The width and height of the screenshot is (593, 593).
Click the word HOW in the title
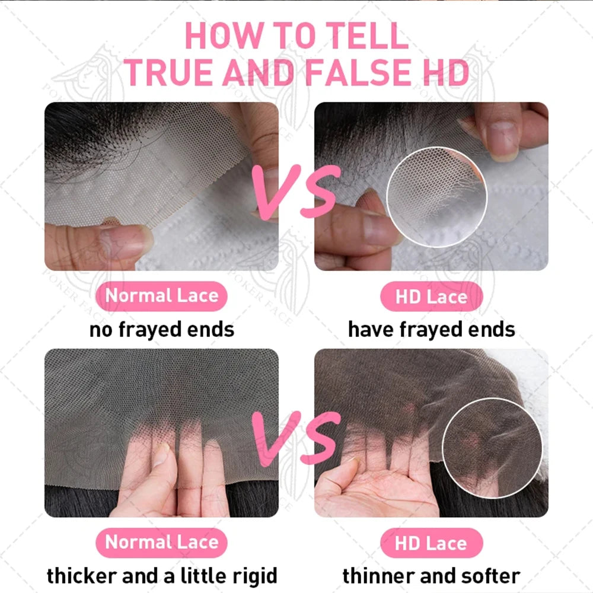(x=224, y=36)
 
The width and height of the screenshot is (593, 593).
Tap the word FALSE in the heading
(x=358, y=72)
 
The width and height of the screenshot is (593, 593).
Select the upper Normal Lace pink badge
(x=161, y=296)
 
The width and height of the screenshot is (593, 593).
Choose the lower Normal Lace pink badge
(x=161, y=543)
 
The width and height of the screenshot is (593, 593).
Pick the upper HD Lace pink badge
(x=432, y=296)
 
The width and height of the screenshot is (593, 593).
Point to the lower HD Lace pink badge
(x=432, y=543)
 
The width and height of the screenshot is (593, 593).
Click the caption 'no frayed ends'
(x=162, y=330)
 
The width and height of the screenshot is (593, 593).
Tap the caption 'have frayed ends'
(x=432, y=330)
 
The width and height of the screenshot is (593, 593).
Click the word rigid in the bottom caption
(x=254, y=576)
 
